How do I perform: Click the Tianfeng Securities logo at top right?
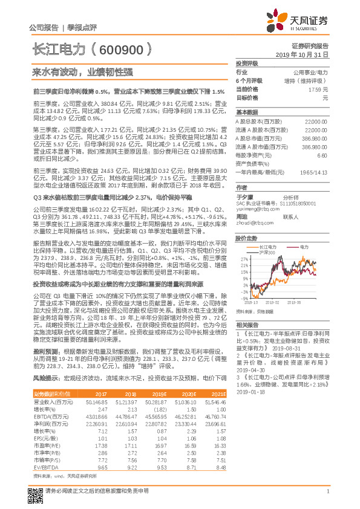click(x=303, y=21)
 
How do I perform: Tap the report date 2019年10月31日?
click(x=306, y=54)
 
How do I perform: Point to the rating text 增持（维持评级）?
click(x=315, y=80)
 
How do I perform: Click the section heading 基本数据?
click(x=246, y=112)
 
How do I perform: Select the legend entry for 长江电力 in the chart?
click(x=267, y=246)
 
